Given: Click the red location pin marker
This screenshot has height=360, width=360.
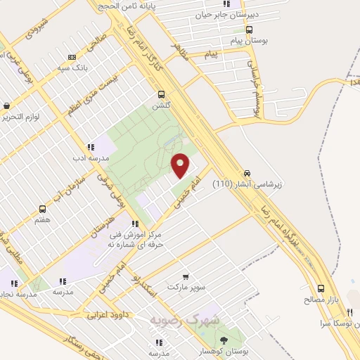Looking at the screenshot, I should pos(181,165).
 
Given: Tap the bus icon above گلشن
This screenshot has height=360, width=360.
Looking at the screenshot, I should pos(162,94).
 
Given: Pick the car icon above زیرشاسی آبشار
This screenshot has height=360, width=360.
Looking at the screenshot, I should pos(247,174).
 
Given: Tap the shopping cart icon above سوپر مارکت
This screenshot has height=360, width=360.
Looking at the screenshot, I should pos(186,277).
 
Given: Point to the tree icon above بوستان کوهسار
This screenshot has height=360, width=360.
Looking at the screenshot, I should pos(223,339).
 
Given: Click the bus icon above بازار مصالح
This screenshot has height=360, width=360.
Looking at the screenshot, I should pos(321,288).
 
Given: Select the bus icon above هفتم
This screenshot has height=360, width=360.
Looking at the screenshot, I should pos(43,210).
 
